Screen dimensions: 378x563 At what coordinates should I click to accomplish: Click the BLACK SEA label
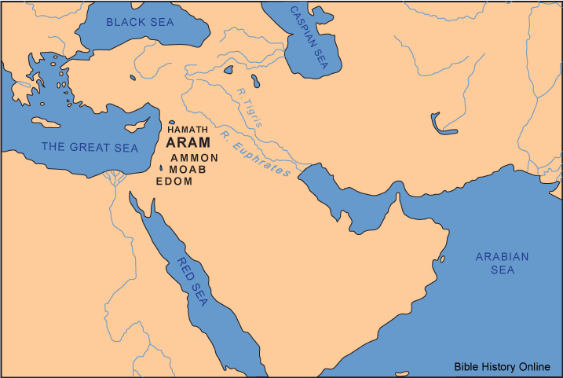click(140, 22)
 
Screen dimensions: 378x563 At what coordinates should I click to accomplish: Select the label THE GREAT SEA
click(90, 148)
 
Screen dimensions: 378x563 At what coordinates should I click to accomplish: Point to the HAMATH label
click(189, 129)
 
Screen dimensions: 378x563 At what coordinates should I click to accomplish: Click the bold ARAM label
click(188, 143)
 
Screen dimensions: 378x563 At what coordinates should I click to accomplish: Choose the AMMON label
click(194, 158)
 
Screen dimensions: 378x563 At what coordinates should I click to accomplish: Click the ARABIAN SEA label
click(503, 263)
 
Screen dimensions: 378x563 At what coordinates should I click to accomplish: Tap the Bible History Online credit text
click(506, 366)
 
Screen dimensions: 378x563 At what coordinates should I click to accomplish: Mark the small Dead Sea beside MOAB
click(162, 167)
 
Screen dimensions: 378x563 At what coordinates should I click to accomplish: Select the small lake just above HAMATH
click(173, 122)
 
